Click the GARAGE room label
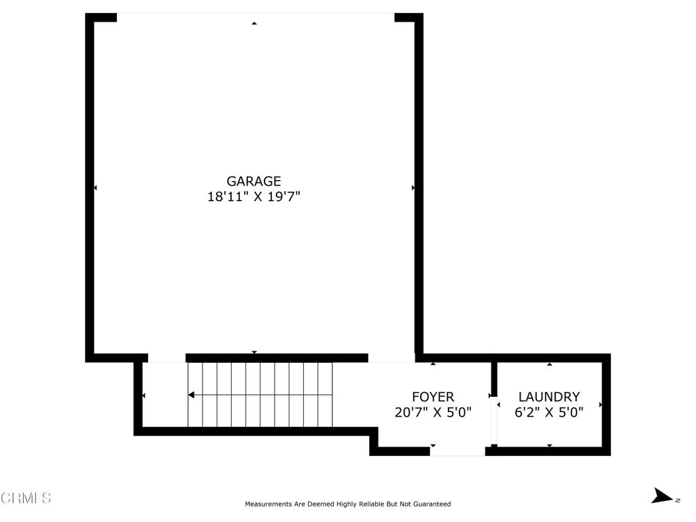(x=254, y=181)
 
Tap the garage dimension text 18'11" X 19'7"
(x=254, y=198)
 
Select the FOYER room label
(x=433, y=397)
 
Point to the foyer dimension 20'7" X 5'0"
(x=433, y=412)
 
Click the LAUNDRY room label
(x=549, y=397)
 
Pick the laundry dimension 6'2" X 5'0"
(x=549, y=412)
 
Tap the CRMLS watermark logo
(x=26, y=498)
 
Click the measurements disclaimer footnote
(x=347, y=504)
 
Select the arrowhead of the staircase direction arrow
(x=192, y=395)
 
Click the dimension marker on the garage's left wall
(x=95, y=188)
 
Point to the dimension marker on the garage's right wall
(x=413, y=188)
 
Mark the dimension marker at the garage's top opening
(x=254, y=23)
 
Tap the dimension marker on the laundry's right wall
(x=601, y=405)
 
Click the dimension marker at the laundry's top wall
(x=549, y=364)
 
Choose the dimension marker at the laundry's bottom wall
(x=549, y=446)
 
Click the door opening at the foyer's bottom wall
(x=457, y=451)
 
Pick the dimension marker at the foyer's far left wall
(x=143, y=396)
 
